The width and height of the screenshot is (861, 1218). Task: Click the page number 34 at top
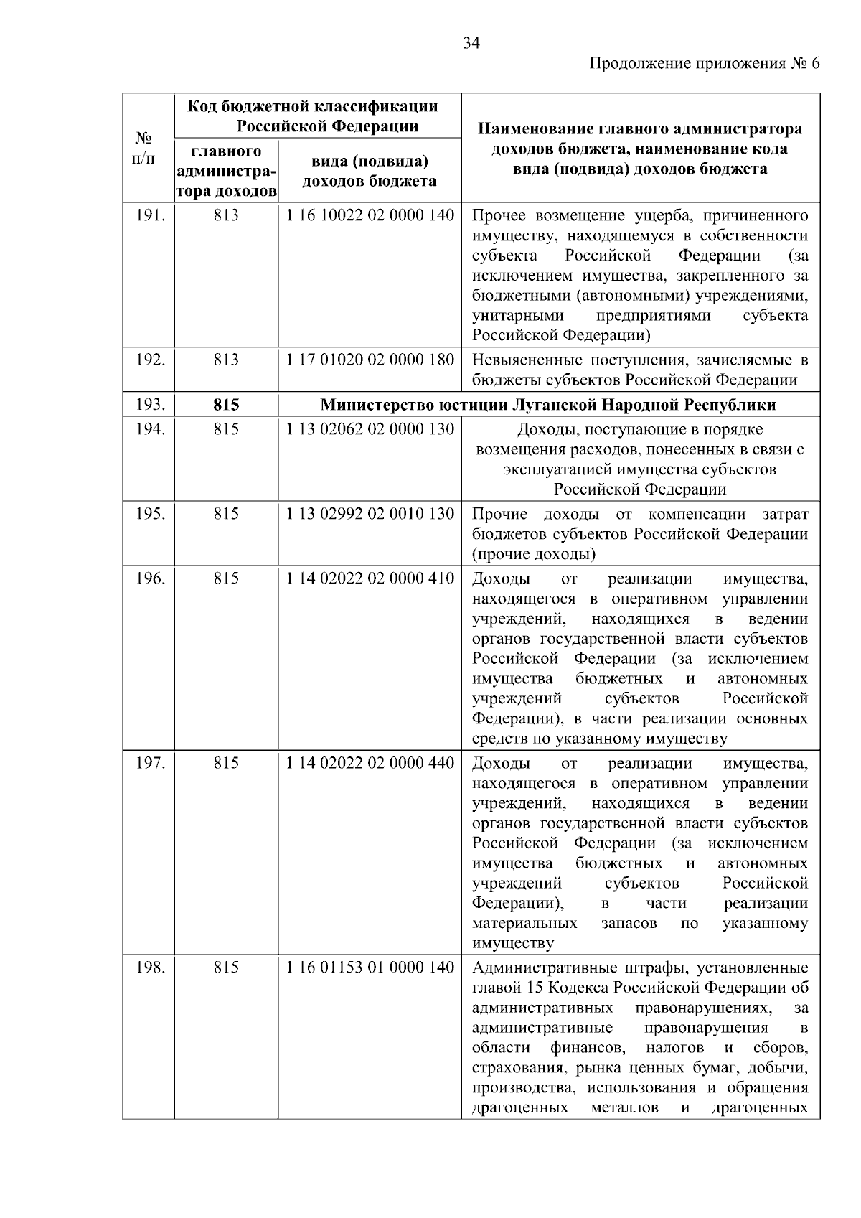471,43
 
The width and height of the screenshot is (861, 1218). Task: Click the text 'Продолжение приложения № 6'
704,64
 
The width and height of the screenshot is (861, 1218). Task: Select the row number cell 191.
151,215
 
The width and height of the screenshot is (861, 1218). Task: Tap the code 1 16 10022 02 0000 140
370,215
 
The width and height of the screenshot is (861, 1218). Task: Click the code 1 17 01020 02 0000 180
370,360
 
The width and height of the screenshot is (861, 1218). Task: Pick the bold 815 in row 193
226,405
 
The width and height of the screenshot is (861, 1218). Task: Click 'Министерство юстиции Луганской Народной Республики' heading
548,405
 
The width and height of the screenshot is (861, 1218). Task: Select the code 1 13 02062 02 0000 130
370,429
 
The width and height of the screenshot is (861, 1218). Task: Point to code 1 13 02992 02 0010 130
370,514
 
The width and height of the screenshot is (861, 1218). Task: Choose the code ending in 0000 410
370,578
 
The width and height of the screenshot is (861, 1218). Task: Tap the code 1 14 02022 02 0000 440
370,763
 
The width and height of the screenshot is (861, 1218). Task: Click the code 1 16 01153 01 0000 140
370,968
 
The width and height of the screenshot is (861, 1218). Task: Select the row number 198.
151,968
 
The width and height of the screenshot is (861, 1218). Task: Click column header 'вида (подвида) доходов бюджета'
370,171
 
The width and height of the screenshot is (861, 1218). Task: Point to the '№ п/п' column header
145,147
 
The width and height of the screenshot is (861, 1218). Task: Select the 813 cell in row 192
226,360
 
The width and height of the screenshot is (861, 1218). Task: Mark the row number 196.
151,578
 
